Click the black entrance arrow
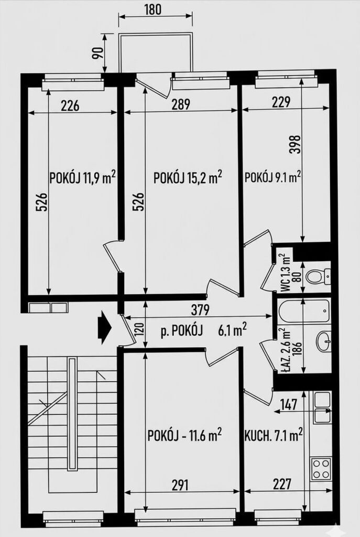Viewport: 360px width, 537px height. click(x=104, y=327)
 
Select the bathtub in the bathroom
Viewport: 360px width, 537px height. click(x=304, y=310)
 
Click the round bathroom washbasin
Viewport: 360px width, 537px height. click(x=323, y=341)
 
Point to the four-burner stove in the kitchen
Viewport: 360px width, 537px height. click(x=321, y=468)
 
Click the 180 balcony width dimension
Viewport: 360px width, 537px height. click(x=152, y=9)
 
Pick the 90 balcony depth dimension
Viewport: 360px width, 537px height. click(x=97, y=52)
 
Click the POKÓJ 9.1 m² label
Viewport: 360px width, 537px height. click(x=272, y=177)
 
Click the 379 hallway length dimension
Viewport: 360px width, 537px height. click(x=200, y=310)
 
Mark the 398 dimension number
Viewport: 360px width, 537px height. click(x=296, y=144)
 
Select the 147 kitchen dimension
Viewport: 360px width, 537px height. click(x=289, y=404)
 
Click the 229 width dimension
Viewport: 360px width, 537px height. click(x=281, y=102)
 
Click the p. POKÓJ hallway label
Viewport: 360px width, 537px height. click(x=182, y=331)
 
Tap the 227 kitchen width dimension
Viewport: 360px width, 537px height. click(x=282, y=484)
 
